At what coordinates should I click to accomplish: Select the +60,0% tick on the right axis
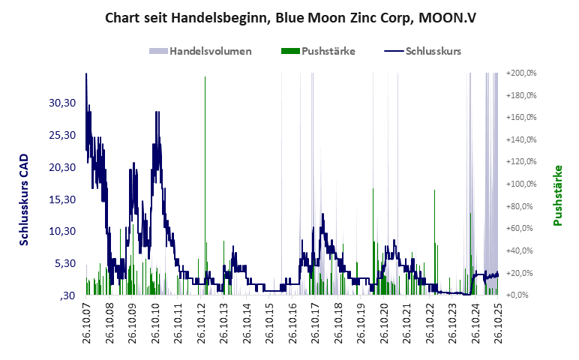(521, 229)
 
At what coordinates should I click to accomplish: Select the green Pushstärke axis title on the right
(557, 195)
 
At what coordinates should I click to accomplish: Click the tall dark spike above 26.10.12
(204, 150)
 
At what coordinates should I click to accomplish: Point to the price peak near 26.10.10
(157, 112)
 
